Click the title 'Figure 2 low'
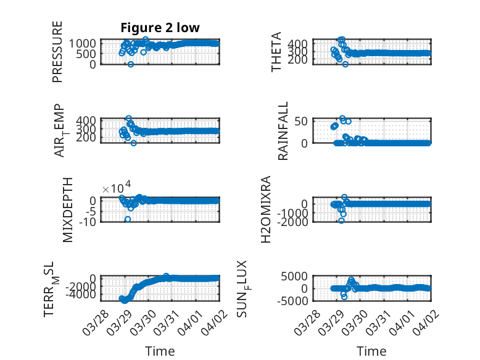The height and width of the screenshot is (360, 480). (x=160, y=28)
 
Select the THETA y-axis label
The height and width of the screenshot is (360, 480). (x=276, y=52)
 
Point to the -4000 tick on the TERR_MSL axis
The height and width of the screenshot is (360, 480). (x=83, y=295)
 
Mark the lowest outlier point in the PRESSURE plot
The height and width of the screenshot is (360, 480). (x=131, y=64)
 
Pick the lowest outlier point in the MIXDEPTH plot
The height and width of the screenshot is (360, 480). (x=128, y=219)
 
